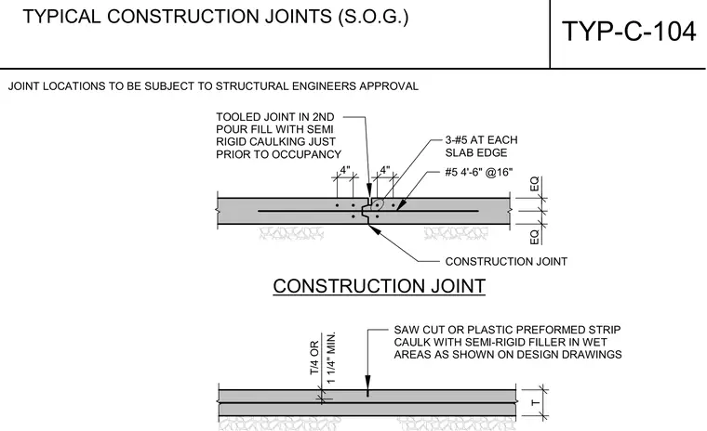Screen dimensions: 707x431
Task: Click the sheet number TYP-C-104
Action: [629, 32]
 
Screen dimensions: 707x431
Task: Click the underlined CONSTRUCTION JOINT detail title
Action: [380, 286]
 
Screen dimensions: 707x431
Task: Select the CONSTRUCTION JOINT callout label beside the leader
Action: [506, 262]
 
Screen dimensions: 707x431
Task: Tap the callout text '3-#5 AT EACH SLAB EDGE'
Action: [481, 147]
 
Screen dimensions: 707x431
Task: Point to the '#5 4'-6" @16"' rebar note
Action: [479, 172]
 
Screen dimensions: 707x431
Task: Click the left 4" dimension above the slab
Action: [345, 170]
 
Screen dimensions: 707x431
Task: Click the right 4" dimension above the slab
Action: [384, 170]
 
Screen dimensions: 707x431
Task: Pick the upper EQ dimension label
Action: [534, 184]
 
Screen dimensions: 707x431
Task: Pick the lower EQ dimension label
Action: [534, 237]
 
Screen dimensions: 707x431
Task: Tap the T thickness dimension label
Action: [535, 402]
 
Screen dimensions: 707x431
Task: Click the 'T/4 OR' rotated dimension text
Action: [314, 358]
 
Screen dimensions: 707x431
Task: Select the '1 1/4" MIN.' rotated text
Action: [331, 358]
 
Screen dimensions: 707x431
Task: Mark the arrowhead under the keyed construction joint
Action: [374, 229]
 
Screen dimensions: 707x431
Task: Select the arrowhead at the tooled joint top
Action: [369, 190]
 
